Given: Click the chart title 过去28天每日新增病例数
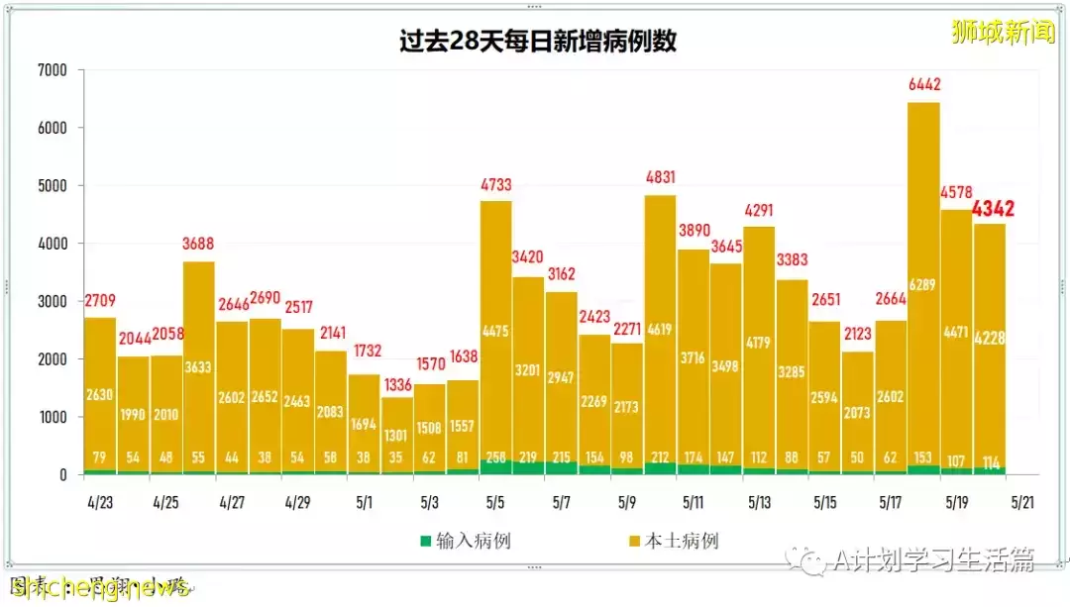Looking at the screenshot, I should pyautogui.click(x=538, y=42).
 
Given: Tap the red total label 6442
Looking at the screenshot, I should pyautogui.click(x=923, y=85).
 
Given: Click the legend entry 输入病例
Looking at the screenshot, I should pyautogui.click(x=465, y=541).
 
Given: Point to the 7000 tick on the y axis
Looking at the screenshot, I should pyautogui.click(x=52, y=70).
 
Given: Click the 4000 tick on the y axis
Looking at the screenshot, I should pyautogui.click(x=52, y=244).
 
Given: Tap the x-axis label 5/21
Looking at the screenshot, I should pyautogui.click(x=1022, y=502).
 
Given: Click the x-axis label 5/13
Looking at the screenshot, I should pyautogui.click(x=759, y=502).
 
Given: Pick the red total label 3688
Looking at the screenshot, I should pyautogui.click(x=199, y=244).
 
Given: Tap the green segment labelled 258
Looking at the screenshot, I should pyautogui.click(x=496, y=466).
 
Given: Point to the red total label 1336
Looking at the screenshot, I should pyautogui.click(x=396, y=383).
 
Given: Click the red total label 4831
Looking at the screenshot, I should pyautogui.click(x=660, y=178).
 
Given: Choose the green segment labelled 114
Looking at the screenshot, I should pyautogui.click(x=990, y=470).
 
